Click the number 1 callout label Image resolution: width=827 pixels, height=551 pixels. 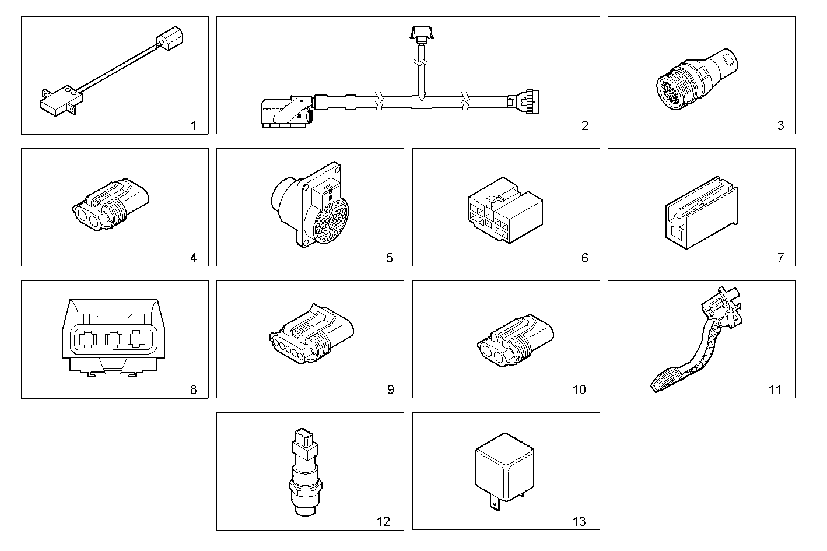tap(194, 125)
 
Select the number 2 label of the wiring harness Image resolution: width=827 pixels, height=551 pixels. tap(585, 125)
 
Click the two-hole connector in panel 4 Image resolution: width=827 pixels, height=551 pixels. tap(110, 208)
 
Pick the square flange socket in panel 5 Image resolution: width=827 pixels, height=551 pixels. tap(318, 205)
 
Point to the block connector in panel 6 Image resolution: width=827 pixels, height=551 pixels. tap(504, 210)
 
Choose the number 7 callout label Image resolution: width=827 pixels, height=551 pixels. tap(780, 258)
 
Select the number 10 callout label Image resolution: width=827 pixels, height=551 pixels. tap(579, 389)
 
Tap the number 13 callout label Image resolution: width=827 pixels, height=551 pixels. tap(579, 521)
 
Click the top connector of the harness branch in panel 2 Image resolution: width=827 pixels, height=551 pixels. tap(420, 33)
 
